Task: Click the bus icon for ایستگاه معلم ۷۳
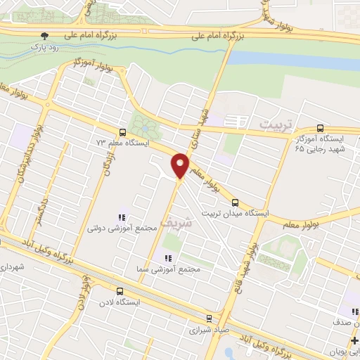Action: point(123,132)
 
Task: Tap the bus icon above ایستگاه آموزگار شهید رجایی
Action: point(321,129)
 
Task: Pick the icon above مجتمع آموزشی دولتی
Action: point(122,217)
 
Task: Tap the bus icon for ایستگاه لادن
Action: point(120,290)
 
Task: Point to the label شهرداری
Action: point(13,268)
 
